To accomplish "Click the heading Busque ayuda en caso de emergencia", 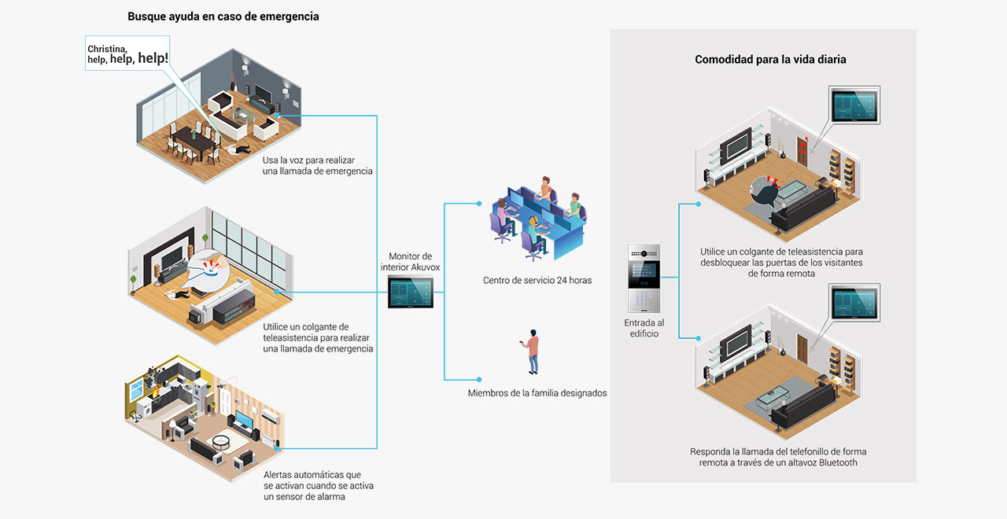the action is pyautogui.click(x=223, y=17).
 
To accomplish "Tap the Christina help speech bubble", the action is pyautogui.click(x=127, y=53).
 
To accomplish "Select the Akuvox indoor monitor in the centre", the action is pyautogui.click(x=411, y=292).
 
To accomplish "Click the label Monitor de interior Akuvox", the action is pyautogui.click(x=411, y=262).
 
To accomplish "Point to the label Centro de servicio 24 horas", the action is pyautogui.click(x=537, y=281).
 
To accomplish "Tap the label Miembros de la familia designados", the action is pyautogui.click(x=537, y=393).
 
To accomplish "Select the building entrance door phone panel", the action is pyautogui.click(x=644, y=278).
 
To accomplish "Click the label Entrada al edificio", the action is pyautogui.click(x=644, y=328).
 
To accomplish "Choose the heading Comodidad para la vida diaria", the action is pyautogui.click(x=770, y=59).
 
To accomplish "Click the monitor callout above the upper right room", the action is pyautogui.click(x=854, y=105).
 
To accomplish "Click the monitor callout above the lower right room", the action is pyautogui.click(x=854, y=303).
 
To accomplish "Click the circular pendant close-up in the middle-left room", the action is pyautogui.click(x=208, y=270).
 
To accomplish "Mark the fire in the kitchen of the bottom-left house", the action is pyautogui.click(x=156, y=392).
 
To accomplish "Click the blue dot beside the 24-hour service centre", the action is pyautogui.click(x=479, y=204).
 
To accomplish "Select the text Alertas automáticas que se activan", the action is pyautogui.click(x=319, y=480).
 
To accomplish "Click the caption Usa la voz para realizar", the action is pyautogui.click(x=309, y=160).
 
